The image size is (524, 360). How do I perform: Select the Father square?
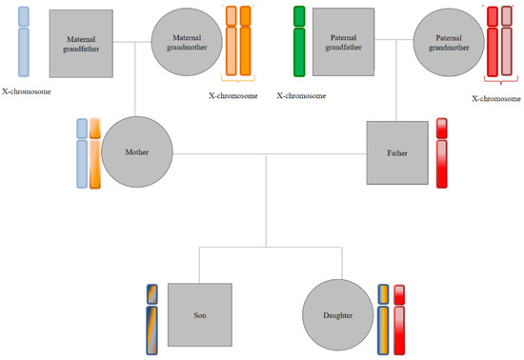(394, 152)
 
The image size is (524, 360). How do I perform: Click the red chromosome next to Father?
(441, 152)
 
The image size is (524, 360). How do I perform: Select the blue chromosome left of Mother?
(82, 153)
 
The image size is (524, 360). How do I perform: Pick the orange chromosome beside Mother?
(94, 153)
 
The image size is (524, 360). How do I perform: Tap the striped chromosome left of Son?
(151, 318)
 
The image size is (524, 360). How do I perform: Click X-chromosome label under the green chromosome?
(301, 96)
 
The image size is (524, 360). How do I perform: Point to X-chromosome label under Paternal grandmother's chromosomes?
(496, 98)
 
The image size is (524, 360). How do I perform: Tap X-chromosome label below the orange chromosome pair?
(232, 95)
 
